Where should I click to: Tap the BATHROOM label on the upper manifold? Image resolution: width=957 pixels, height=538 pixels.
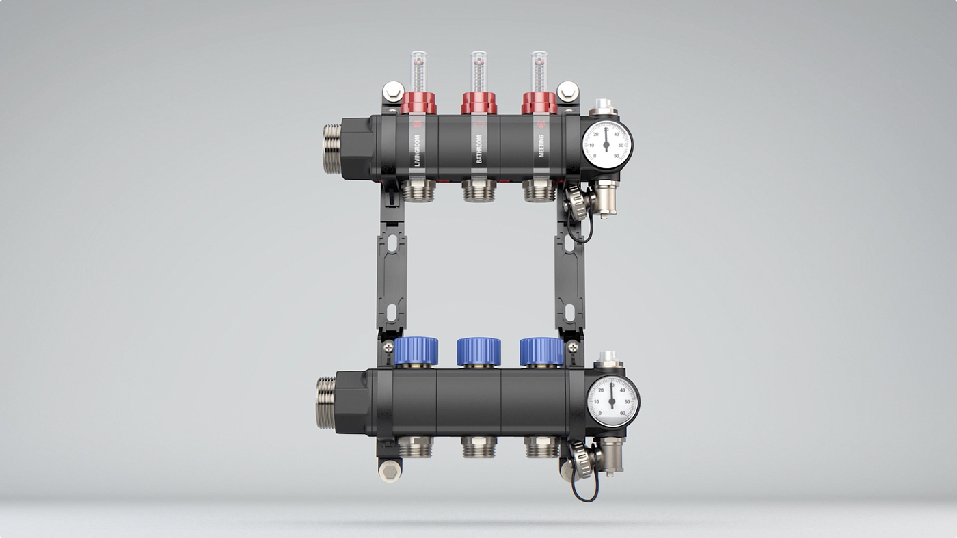tap(479, 148)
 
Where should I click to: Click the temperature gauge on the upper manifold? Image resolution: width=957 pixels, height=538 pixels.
tap(607, 145)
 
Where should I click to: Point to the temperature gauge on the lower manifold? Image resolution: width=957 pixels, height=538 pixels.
tap(612, 401)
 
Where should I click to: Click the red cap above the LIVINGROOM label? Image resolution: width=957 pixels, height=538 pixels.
tap(418, 103)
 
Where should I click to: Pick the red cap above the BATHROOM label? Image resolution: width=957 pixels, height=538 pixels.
tap(479, 103)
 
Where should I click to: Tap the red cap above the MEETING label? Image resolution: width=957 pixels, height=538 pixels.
tap(539, 103)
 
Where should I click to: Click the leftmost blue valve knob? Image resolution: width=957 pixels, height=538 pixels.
tap(416, 351)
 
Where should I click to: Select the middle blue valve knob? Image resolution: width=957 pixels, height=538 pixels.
tap(478, 351)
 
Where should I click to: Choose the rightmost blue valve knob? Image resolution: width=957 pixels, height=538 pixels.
tap(541, 351)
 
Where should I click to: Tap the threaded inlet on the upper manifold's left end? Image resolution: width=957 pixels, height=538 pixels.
tap(332, 149)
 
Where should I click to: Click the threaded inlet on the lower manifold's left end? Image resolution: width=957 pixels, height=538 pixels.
tap(326, 403)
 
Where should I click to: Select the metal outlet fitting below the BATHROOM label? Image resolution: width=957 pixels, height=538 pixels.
tap(479, 191)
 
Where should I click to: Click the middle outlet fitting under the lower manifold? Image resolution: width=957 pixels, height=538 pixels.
tap(478, 447)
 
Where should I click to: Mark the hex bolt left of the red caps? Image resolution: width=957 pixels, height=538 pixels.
tap(392, 91)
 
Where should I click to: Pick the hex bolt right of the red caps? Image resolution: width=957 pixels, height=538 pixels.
tap(567, 91)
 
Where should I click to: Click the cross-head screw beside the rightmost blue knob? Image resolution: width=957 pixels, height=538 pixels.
tap(573, 347)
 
